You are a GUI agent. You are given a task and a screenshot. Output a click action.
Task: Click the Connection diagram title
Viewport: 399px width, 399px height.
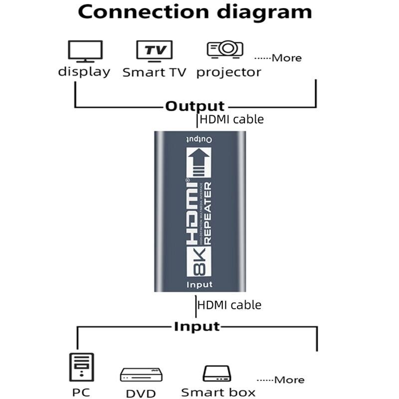click(x=195, y=12)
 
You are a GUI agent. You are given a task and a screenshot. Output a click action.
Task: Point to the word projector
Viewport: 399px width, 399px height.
click(x=228, y=72)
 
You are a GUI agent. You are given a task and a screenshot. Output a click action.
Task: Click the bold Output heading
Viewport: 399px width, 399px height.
click(x=195, y=106)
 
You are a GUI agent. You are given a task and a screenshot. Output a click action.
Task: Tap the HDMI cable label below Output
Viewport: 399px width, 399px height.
click(x=231, y=120)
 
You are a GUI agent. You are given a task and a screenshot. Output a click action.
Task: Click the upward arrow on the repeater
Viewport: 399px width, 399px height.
click(x=199, y=162)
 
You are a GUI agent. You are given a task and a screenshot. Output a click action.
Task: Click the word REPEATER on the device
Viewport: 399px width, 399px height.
click(x=208, y=213)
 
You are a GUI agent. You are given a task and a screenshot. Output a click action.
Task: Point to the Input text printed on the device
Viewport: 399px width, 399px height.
click(x=199, y=285)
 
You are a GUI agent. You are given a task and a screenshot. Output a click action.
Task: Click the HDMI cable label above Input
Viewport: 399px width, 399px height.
click(x=229, y=304)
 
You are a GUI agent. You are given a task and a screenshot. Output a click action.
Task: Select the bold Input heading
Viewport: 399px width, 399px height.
click(x=197, y=327)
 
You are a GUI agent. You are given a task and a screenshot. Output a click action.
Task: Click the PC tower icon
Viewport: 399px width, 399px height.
click(x=81, y=367)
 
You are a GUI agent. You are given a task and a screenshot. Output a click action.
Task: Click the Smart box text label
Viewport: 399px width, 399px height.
click(x=218, y=393)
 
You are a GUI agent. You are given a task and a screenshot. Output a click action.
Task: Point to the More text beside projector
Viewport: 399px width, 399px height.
click(x=286, y=58)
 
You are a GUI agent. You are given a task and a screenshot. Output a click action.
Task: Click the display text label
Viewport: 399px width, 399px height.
click(x=84, y=72)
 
